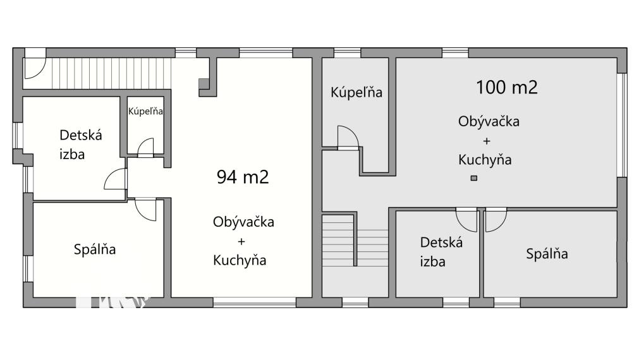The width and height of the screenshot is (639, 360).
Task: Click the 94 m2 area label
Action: tap(243, 177)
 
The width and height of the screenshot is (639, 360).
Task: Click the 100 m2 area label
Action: tap(506, 87)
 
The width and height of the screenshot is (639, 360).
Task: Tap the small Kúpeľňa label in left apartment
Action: tap(146, 112)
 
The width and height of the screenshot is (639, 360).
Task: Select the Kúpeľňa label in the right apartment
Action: tap(356, 92)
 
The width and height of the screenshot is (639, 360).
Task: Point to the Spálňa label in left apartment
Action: tap(95, 249)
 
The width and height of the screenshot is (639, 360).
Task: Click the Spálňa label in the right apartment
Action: tap(547, 254)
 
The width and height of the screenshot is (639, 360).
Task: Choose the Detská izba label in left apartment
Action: tap(80, 144)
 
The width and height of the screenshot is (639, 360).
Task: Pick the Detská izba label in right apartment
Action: tap(441, 251)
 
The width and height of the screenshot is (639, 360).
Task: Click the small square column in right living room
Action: tap(474, 179)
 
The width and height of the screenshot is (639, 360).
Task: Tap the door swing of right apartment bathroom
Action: tap(348, 137)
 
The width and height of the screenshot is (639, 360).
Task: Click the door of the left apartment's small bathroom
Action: tap(145, 147)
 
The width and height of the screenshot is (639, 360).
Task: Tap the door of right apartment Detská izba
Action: tap(466, 220)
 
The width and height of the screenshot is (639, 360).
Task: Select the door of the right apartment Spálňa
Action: tap(496, 219)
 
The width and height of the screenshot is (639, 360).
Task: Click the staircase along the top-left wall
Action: tap(111, 72)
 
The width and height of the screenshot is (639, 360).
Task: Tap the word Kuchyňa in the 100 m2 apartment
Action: tap(485, 160)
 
